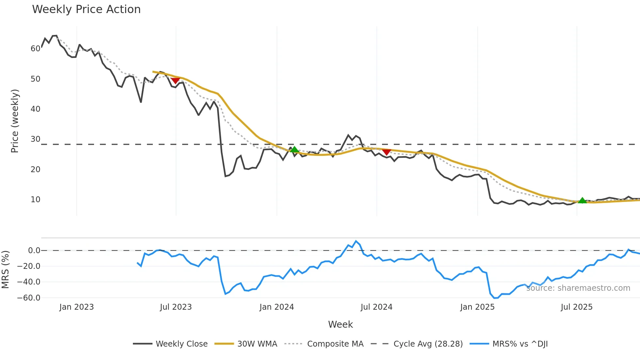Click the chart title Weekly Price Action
(x=86, y=9)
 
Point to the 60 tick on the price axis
(x=35, y=49)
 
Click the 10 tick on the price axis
(x=35, y=200)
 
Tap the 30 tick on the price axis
(x=35, y=139)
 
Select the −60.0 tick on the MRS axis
(x=29, y=298)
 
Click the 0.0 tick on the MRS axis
(x=34, y=251)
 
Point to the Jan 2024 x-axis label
(x=277, y=307)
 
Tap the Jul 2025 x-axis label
(x=576, y=307)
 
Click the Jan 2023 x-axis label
(x=76, y=307)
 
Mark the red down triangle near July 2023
(x=175, y=80)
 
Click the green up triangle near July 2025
(x=582, y=201)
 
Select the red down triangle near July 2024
(x=387, y=152)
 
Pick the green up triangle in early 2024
(x=294, y=150)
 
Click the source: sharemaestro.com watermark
(x=578, y=288)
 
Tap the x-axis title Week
(x=340, y=324)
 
